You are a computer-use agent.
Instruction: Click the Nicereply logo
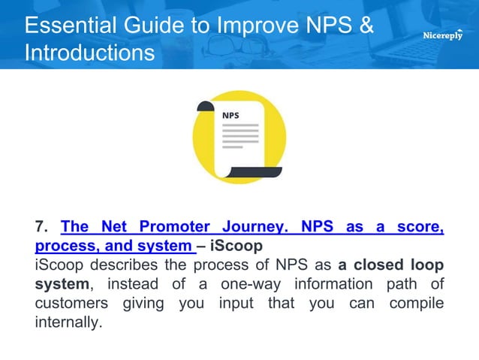[443, 35]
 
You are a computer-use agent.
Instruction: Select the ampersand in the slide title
[364, 26]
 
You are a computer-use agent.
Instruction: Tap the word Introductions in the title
[90, 54]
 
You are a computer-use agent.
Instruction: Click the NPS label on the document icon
[230, 116]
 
